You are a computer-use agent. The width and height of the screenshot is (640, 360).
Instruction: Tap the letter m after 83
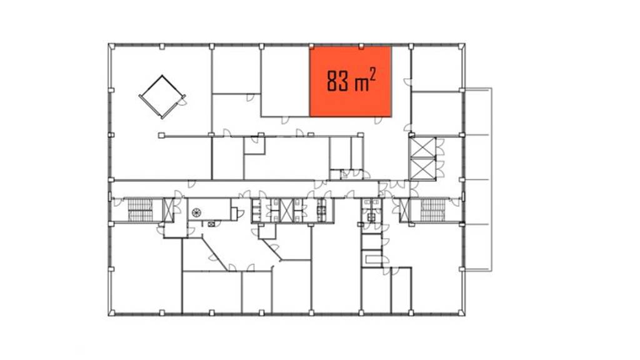coord(362,84)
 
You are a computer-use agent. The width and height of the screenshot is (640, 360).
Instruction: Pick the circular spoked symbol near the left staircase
coord(196,212)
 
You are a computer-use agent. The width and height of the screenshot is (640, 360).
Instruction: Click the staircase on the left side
coord(140,210)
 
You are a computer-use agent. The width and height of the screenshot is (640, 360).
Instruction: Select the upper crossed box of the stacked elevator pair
coord(422,147)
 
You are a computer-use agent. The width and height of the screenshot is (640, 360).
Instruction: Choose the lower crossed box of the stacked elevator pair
coord(422,169)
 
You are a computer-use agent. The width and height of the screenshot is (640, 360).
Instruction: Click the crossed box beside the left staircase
coord(168,210)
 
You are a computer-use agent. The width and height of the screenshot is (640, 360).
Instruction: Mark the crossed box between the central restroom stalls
coord(287,210)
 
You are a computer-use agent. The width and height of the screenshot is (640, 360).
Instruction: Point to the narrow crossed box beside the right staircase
coord(404,210)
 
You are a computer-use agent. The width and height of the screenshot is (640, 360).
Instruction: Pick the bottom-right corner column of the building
coord(462,312)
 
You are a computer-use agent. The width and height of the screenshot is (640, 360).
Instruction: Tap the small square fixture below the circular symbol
coord(211,224)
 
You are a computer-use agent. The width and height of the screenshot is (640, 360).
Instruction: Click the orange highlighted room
coord(351,81)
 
